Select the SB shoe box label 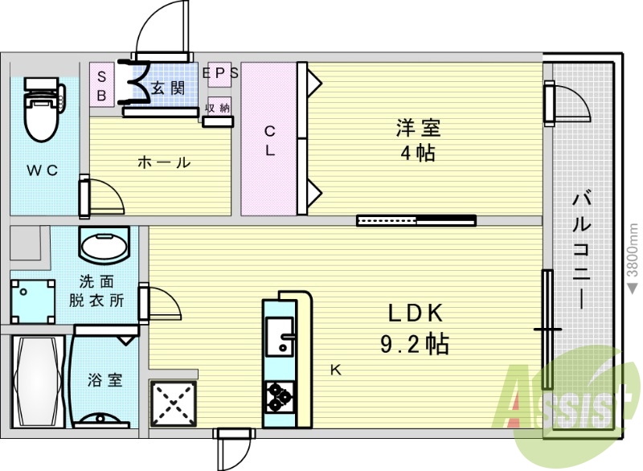point(102,84)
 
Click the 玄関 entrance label point(167,88)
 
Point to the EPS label point(220,72)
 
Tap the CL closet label point(270,140)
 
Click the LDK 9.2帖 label point(415,329)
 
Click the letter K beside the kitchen point(338,370)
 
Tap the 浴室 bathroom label point(104,379)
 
